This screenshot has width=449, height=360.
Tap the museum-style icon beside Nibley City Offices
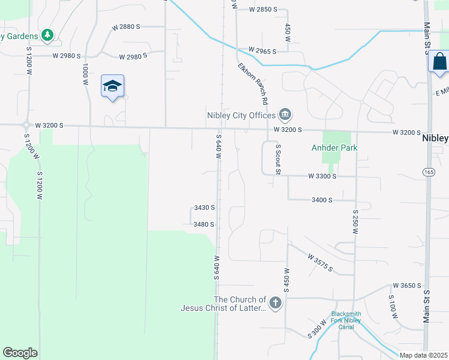(x=285, y=114)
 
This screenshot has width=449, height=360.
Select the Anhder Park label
(x=334, y=148)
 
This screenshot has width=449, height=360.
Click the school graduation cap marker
(x=112, y=86)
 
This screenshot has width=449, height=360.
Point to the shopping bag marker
(x=439, y=62)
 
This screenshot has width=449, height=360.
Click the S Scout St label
(x=278, y=159)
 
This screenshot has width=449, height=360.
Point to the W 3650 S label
(x=407, y=286)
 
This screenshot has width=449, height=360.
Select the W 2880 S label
(x=125, y=27)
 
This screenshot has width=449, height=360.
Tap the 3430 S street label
(x=204, y=208)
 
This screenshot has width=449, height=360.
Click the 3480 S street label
(x=204, y=224)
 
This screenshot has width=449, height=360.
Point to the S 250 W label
(x=355, y=221)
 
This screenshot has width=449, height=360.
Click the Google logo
(x=20, y=353)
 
